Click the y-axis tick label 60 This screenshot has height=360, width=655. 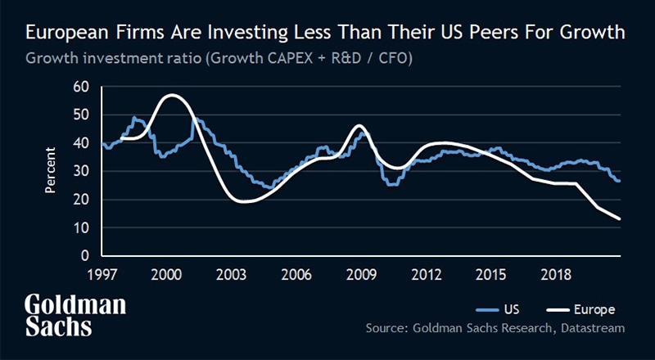coord(80,87)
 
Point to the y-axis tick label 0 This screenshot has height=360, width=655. coord(84,257)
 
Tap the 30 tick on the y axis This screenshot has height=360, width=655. coord(80,172)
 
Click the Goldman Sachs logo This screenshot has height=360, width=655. coord(75,315)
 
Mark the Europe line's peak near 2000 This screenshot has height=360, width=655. coord(170,96)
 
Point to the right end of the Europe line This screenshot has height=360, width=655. coord(620,219)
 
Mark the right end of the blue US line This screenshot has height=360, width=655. coord(619,181)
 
